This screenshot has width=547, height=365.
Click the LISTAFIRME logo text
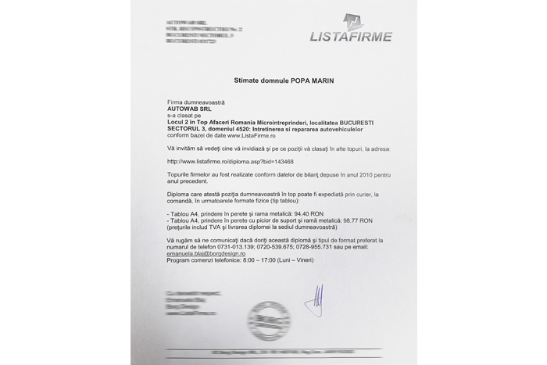tap(351, 35)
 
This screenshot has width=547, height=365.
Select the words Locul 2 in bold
tap(184, 123)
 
